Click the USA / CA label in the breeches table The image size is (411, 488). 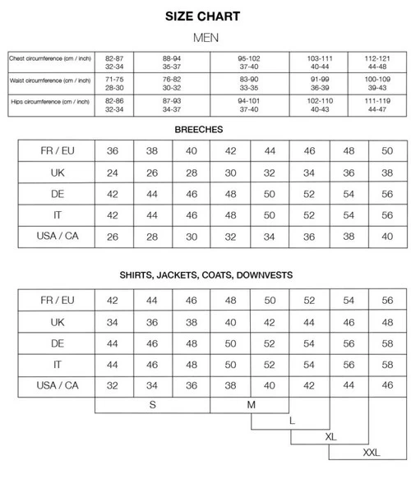pyautogui.click(x=58, y=237)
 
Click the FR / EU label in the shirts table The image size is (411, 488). pyautogui.click(x=58, y=300)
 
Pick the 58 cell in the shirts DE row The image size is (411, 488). pyautogui.click(x=386, y=343)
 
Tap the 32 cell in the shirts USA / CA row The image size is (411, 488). pyautogui.click(x=114, y=385)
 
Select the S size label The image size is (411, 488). pyautogui.click(x=152, y=404)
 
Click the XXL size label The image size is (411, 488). pyautogui.click(x=372, y=453)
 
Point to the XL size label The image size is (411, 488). pyautogui.click(x=331, y=436)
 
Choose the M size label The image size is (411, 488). pyautogui.click(x=251, y=404)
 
